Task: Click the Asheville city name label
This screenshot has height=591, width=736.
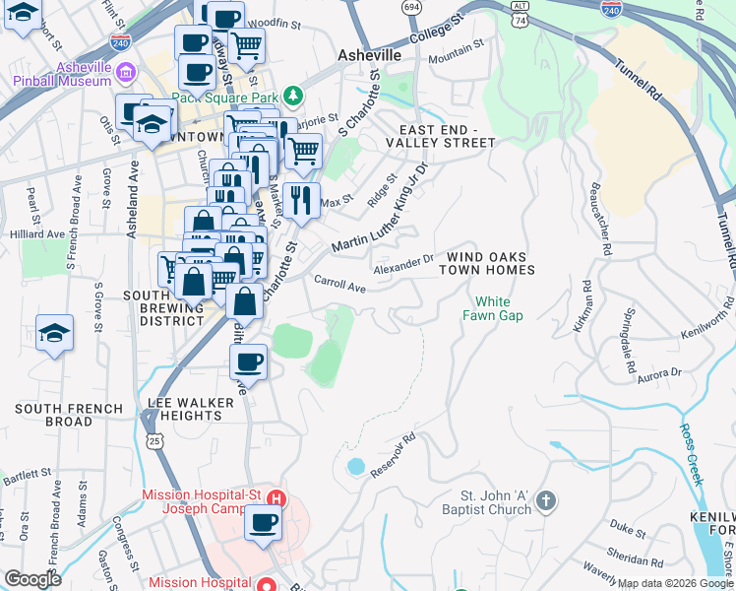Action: point(369,55)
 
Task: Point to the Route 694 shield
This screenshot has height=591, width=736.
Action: point(412,7)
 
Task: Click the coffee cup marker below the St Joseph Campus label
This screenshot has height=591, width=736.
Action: point(263,523)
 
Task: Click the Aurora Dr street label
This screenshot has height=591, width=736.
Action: point(659,374)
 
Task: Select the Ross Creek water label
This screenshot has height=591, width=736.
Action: point(692,454)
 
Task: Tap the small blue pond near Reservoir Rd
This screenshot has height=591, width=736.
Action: point(355,465)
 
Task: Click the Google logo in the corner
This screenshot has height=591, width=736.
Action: point(32,579)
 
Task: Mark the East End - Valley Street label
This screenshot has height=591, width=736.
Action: point(447,136)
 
